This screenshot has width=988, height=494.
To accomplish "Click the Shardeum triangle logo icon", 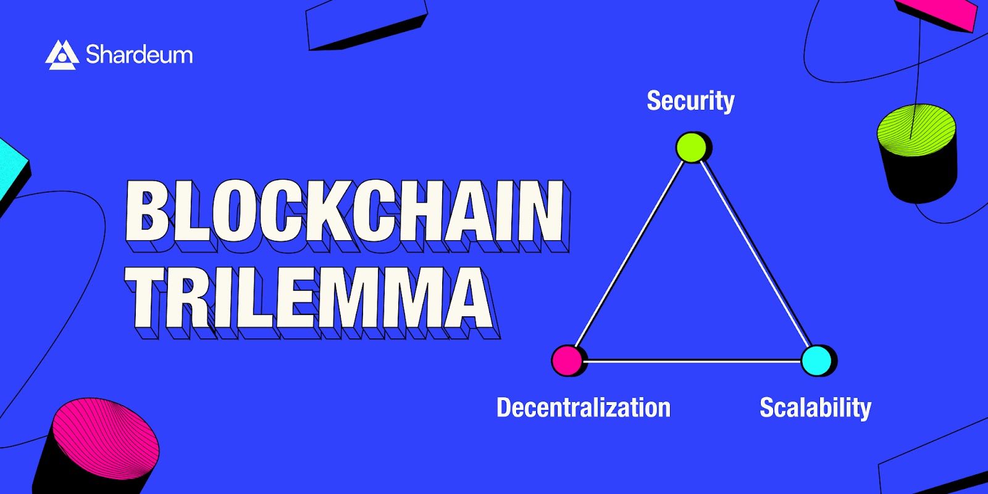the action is [62, 55].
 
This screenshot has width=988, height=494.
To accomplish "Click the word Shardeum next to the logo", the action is [140, 55].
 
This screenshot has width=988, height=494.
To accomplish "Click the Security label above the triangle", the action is [691, 101].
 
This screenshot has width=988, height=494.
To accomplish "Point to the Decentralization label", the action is [584, 407].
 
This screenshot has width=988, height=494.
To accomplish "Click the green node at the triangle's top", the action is [691, 148].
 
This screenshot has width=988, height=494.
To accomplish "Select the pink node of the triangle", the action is [567, 361].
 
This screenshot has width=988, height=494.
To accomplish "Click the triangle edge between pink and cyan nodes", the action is [692, 361].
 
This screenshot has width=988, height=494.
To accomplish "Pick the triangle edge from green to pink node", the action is [629, 254].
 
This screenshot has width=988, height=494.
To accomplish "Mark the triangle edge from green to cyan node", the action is [755, 254].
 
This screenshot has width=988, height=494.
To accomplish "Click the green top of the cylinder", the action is [916, 130].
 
